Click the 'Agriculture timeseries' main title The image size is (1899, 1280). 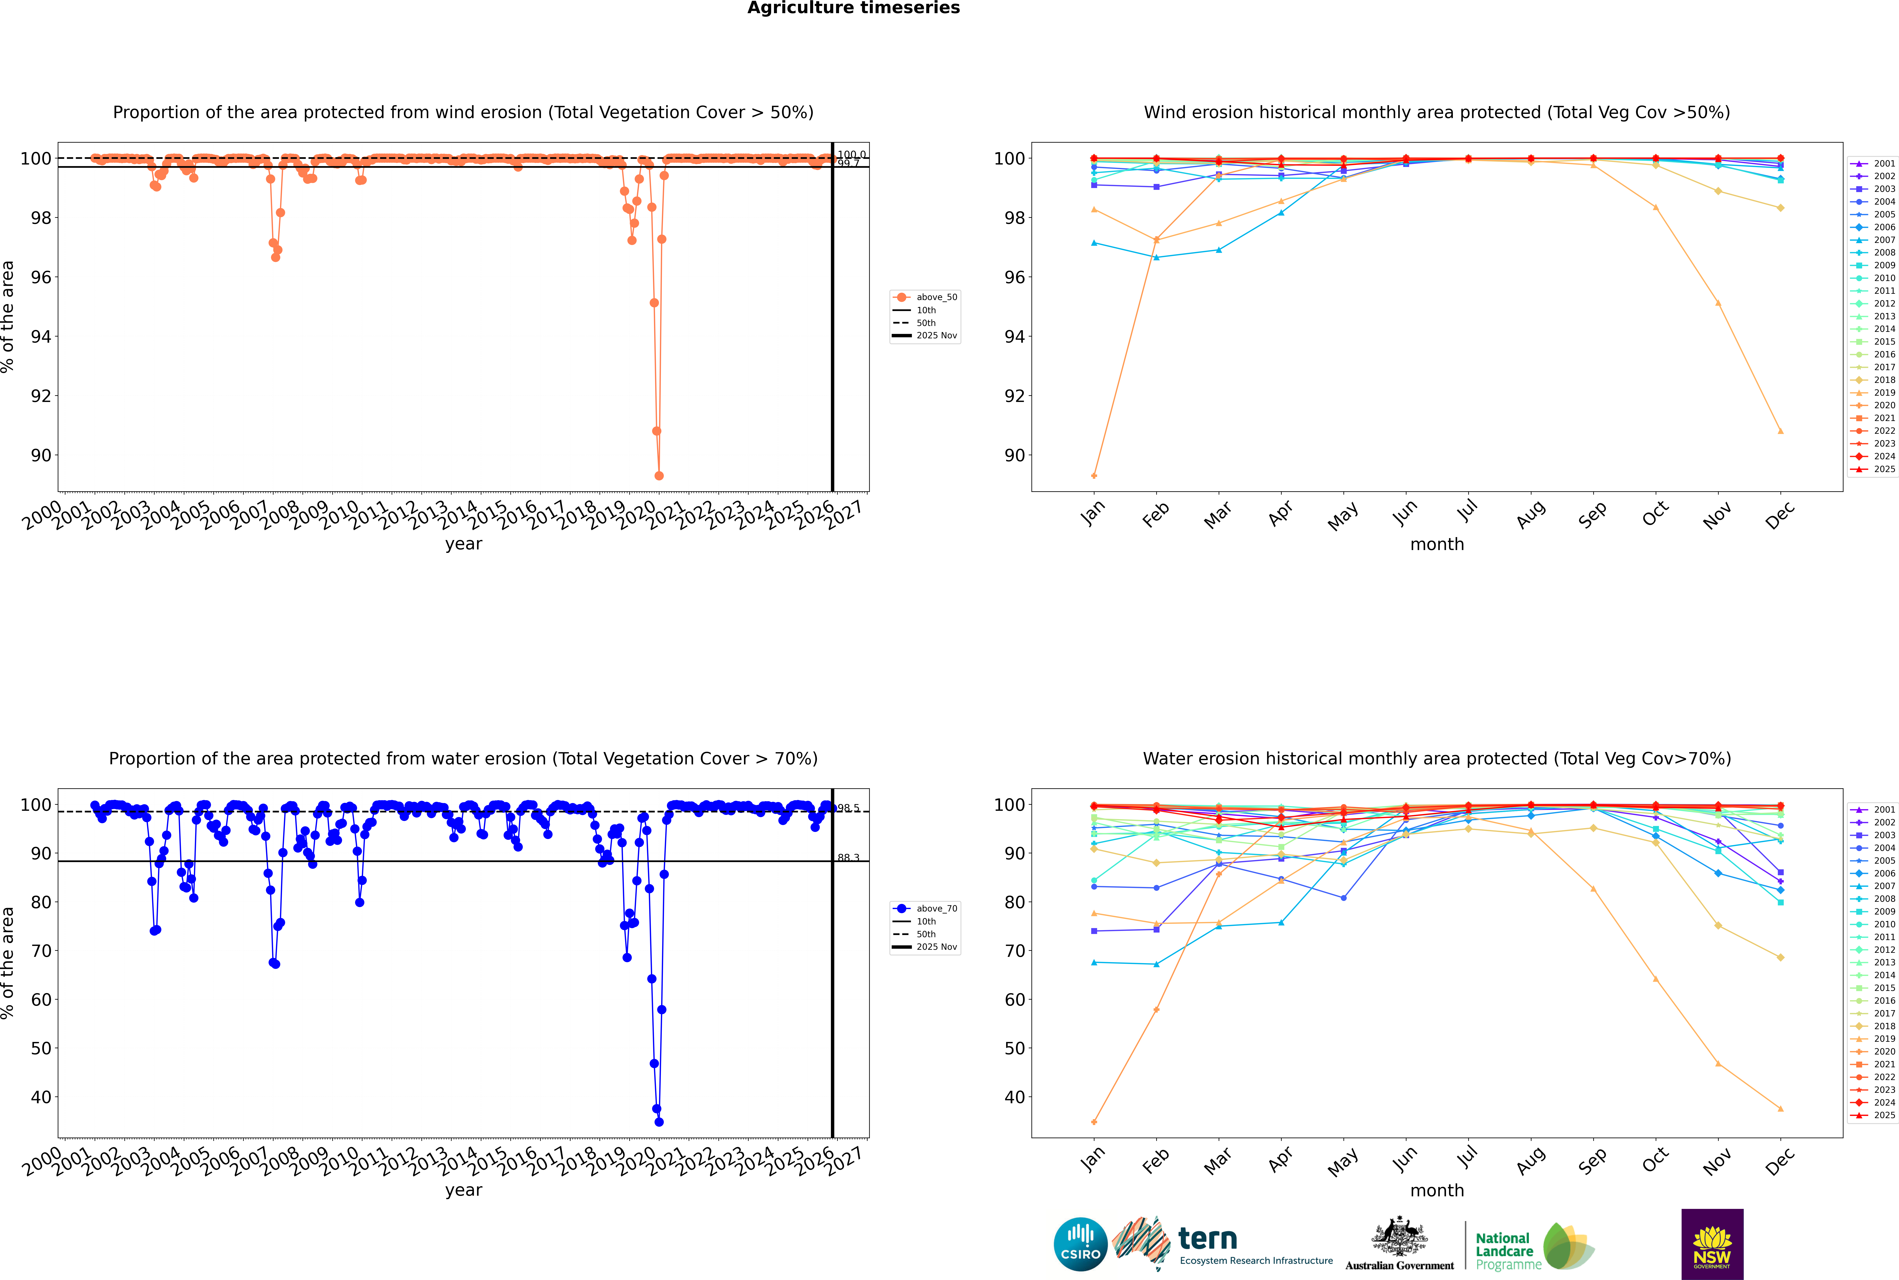coord(853,8)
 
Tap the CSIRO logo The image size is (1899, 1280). coord(1080,1245)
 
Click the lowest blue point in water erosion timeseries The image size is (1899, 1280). coord(659,1122)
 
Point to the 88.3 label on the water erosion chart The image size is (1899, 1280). coord(848,858)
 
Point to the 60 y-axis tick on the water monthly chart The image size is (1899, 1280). coord(1015,1000)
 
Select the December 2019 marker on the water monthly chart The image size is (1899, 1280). coord(1781,1109)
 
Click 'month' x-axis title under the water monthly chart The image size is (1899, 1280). coord(1437,1190)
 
